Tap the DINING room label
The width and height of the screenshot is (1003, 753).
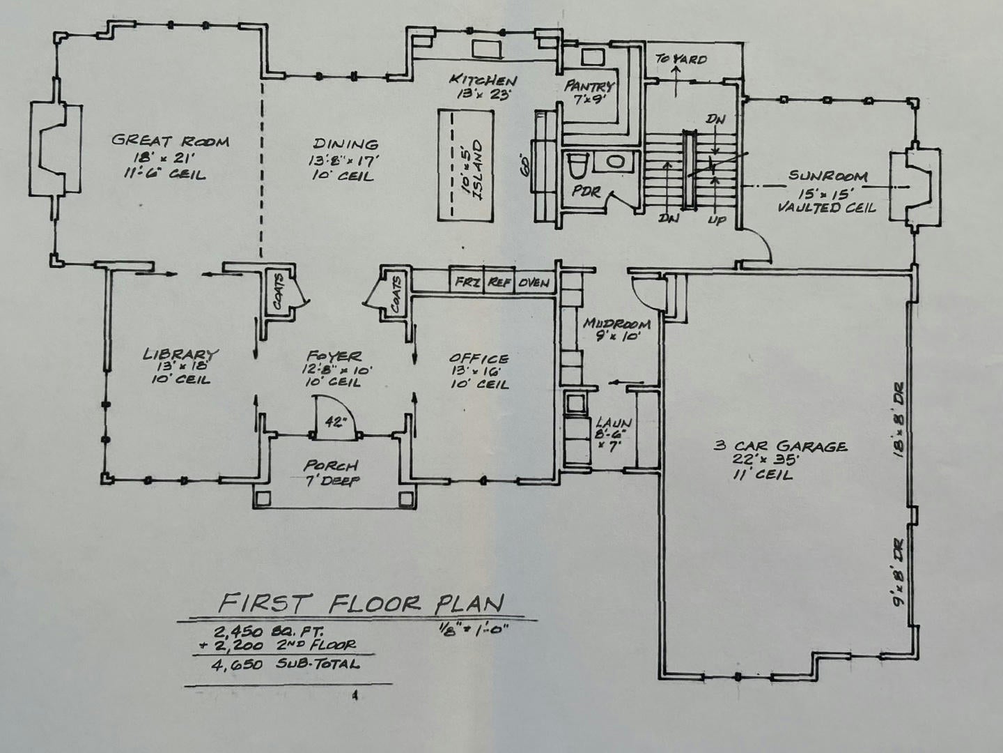point(345,145)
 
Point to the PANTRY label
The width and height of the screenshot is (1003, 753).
point(589,86)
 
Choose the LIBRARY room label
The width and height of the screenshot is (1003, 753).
point(181,354)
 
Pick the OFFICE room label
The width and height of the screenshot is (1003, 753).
point(479,358)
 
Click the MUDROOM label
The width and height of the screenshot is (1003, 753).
point(617,324)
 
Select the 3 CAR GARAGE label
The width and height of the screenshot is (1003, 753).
point(780,446)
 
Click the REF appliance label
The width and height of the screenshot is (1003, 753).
point(499,283)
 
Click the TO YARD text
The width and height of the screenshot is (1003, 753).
point(681,59)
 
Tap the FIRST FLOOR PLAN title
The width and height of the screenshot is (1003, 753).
point(361,602)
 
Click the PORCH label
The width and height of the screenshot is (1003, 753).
point(330,465)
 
